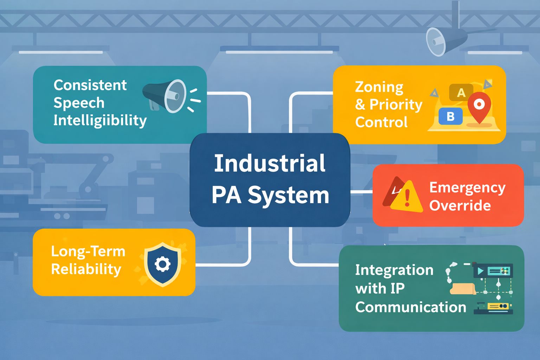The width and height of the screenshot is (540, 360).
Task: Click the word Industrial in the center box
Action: (x=270, y=163)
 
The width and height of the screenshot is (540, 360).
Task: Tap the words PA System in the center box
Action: (x=270, y=195)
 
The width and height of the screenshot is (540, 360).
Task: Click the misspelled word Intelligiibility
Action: (x=100, y=121)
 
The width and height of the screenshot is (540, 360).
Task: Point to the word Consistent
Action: (x=90, y=85)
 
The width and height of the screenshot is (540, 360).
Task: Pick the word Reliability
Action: (x=86, y=269)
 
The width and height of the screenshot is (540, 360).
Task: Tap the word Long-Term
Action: (x=88, y=251)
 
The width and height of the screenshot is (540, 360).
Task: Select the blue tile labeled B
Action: (x=450, y=116)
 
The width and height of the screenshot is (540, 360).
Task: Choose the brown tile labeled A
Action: (x=461, y=92)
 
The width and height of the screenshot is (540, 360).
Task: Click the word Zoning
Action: (x=379, y=87)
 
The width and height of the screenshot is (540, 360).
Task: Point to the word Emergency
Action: (x=467, y=188)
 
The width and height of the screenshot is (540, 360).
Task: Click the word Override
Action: (x=460, y=206)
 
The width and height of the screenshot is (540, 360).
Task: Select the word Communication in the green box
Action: (x=410, y=307)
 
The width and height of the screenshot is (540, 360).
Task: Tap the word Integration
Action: (x=394, y=270)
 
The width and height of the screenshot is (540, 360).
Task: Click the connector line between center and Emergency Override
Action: (x=361, y=192)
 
